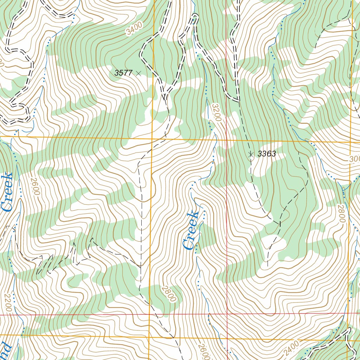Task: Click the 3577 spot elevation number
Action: pyautogui.click(x=123, y=73)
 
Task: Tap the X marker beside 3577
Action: pyautogui.click(x=139, y=73)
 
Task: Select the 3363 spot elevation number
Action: pyautogui.click(x=266, y=154)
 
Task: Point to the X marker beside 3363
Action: pyautogui.click(x=251, y=154)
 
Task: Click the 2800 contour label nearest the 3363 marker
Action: pyautogui.click(x=340, y=213)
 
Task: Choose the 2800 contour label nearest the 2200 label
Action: pyautogui.click(x=169, y=294)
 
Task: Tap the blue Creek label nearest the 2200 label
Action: pyautogui.click(x=7, y=192)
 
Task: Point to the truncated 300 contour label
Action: pyautogui.click(x=354, y=159)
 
